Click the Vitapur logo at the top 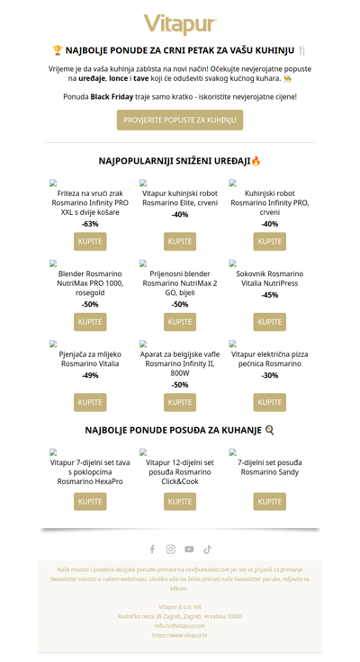180,23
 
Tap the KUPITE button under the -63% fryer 90,241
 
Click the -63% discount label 90,223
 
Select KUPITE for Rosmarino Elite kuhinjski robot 180,241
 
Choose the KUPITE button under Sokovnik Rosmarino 270,321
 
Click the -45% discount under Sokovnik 270,295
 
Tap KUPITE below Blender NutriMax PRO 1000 90,321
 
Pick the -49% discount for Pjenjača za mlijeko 90,375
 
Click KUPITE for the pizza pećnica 270,402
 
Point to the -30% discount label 270,375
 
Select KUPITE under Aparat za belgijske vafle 180,402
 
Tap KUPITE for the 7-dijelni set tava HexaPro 90,501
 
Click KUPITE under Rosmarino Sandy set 270,501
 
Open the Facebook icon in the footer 152,549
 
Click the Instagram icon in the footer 171,549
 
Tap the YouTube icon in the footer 189,549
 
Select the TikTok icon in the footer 208,549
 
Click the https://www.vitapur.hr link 180,635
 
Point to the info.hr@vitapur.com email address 180,625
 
